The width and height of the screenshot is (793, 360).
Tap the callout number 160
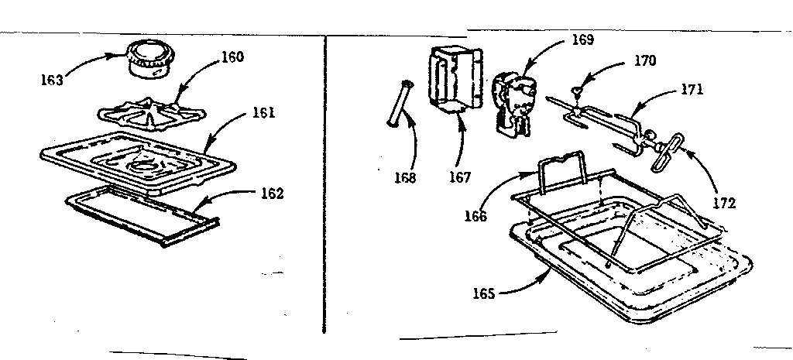(232, 57)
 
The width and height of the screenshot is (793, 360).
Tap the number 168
(403, 177)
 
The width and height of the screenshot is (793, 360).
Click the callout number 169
(583, 40)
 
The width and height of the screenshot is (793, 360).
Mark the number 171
(691, 89)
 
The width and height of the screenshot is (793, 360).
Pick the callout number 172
(725, 204)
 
